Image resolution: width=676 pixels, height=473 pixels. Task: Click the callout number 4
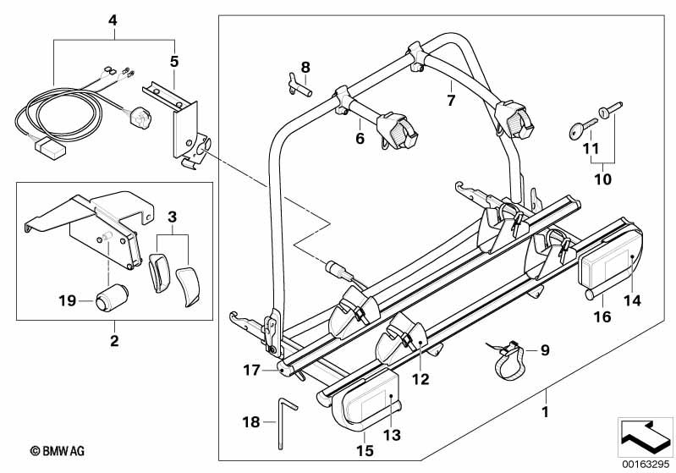[113, 19]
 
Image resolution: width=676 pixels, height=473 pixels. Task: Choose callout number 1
[546, 414]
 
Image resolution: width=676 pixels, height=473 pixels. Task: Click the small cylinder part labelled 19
[112, 300]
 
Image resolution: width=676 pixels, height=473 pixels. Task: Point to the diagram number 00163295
[645, 462]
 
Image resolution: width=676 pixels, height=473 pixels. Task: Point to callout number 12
[420, 378]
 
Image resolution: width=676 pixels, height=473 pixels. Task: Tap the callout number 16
[603, 317]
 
